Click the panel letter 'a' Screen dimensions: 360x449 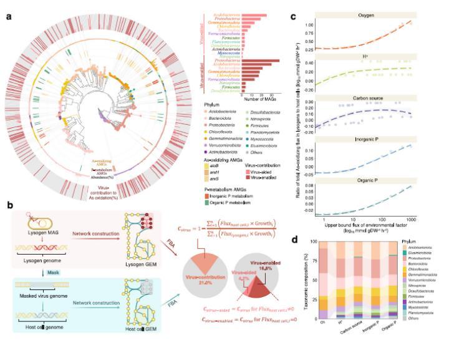pyautogui.click(x=8, y=16)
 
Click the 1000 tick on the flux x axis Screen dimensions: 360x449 pyautogui.click(x=426, y=220)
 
